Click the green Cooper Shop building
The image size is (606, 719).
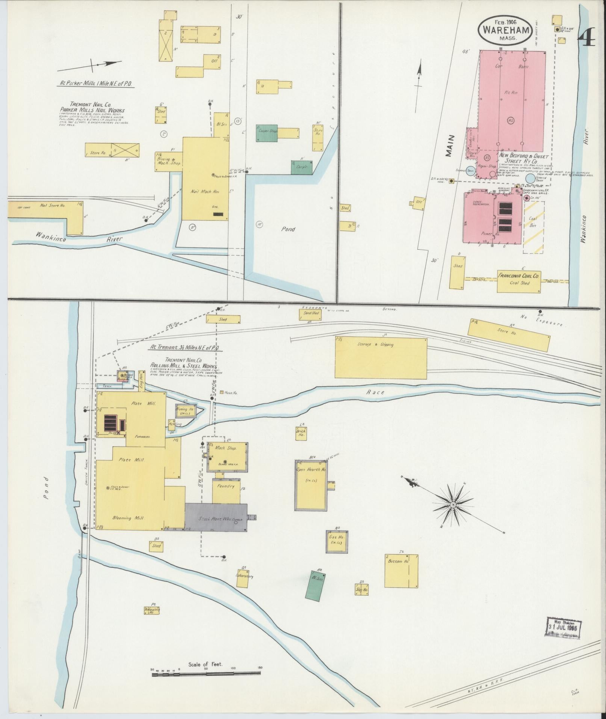point(267,133)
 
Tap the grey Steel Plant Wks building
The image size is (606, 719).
point(216,518)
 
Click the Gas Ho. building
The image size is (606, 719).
point(337,542)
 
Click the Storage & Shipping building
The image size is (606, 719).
point(381,357)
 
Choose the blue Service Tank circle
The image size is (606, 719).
point(530,179)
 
